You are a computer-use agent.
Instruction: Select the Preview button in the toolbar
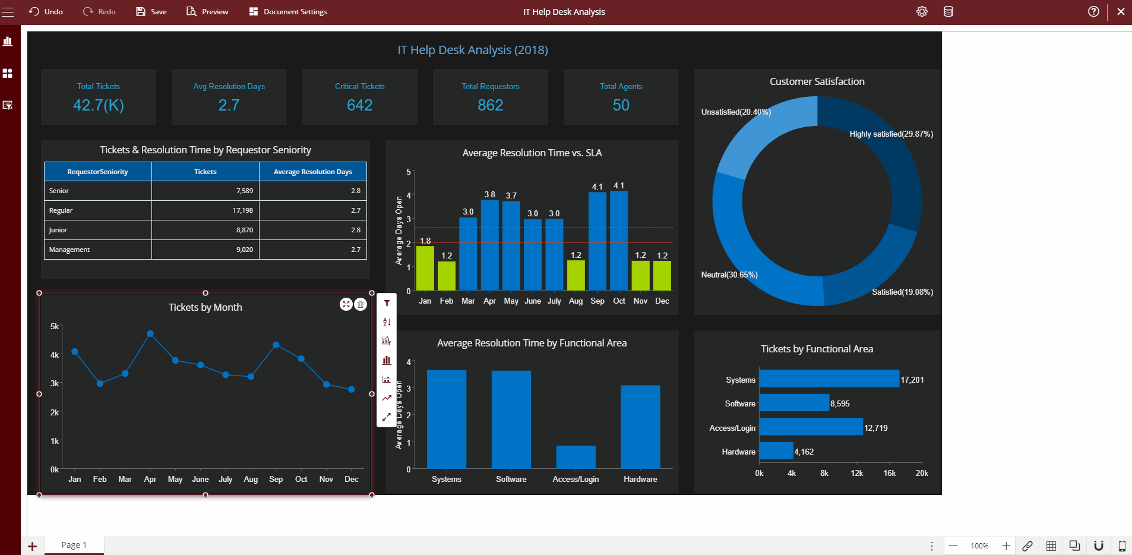tap(207, 12)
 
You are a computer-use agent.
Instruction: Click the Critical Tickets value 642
tap(359, 105)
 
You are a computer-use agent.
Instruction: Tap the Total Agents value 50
tap(621, 105)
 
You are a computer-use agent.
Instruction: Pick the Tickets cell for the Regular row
tap(205, 210)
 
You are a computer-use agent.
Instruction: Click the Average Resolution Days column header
tap(312, 172)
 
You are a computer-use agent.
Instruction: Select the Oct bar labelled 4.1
tap(619, 241)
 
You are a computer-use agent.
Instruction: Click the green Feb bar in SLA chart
tap(447, 276)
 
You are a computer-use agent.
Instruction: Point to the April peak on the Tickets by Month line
tap(150, 334)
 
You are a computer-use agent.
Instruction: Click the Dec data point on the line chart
tap(352, 389)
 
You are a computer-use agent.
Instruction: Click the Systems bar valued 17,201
tap(829, 379)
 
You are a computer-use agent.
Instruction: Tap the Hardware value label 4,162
tap(804, 452)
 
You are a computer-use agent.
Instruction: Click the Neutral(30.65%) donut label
tap(729, 275)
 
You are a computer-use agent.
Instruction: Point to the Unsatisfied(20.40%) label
tap(735, 112)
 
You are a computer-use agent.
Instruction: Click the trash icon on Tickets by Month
tap(361, 304)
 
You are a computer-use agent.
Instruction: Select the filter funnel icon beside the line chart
tap(387, 303)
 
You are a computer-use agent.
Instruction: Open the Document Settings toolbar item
tap(288, 12)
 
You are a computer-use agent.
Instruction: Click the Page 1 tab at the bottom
tap(74, 545)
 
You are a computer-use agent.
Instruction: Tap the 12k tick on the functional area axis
tap(856, 473)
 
